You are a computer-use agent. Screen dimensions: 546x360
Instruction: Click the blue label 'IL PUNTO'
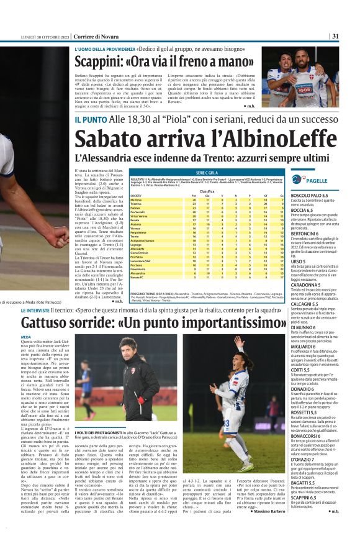click(x=90, y=117)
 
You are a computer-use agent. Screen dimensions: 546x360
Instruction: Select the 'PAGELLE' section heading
click(x=317, y=180)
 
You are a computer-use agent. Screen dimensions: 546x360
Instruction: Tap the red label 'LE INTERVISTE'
click(x=42, y=309)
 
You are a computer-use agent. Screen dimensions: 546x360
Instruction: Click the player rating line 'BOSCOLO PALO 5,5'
click(x=310, y=195)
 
